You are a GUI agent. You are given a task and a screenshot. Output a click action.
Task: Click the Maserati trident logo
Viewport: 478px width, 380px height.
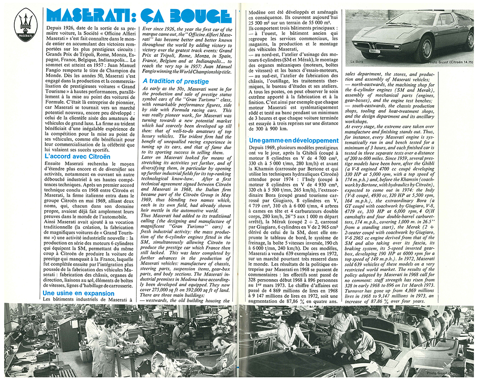(x=24, y=26)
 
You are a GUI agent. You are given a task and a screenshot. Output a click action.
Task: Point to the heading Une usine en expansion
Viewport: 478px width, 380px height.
(x=78, y=293)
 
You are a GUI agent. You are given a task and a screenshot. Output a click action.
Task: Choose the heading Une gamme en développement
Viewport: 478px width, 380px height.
(x=293, y=141)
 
